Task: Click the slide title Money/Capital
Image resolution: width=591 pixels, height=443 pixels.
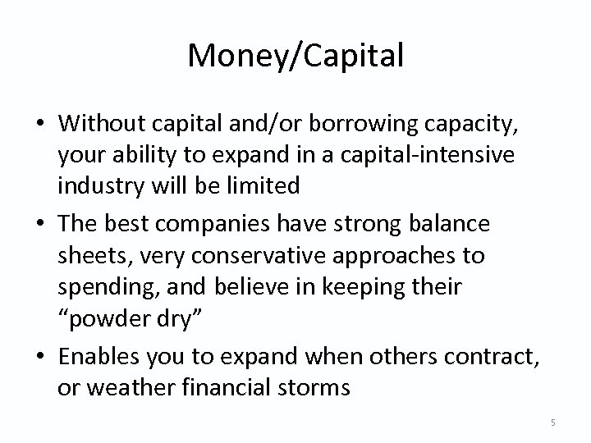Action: pos(295,56)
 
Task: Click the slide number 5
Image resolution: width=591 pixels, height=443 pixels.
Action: pos(553,422)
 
